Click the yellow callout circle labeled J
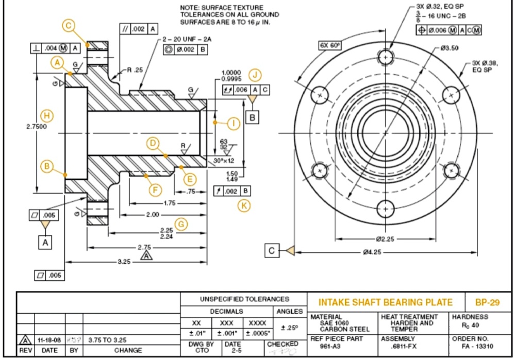point(255,75)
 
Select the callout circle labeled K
point(244,205)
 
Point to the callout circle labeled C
point(68,25)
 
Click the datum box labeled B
point(253,117)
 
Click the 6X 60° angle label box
point(330,45)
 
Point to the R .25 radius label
point(136,69)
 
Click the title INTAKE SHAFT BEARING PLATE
point(386,302)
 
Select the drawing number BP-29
point(486,302)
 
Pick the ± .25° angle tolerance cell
point(289,328)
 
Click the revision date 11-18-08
point(49,340)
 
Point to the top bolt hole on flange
point(386,56)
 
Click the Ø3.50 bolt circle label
point(450,48)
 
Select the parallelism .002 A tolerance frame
point(139,29)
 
